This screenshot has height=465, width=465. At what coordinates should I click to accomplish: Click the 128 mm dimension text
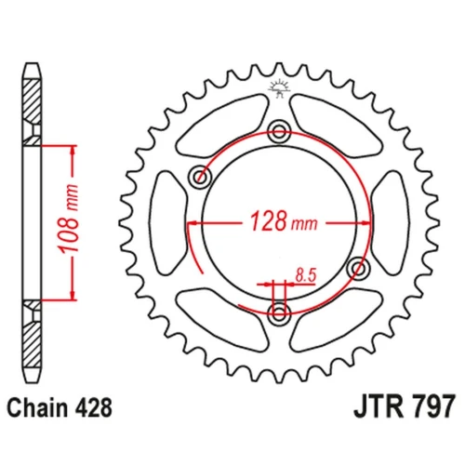(284, 221)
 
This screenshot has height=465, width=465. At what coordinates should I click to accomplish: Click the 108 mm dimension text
(69, 219)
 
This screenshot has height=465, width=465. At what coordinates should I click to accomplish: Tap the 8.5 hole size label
(306, 275)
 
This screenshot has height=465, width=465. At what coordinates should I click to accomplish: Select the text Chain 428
(60, 407)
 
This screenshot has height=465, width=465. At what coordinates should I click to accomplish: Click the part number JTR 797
(405, 406)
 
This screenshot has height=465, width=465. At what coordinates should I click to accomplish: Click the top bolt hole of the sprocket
(279, 132)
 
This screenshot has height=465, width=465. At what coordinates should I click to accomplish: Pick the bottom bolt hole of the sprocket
(279, 313)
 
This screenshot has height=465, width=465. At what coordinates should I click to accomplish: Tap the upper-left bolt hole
(200, 177)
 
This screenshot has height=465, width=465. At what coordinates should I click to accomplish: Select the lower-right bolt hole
(358, 268)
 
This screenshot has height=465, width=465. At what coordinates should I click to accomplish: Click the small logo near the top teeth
(279, 87)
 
